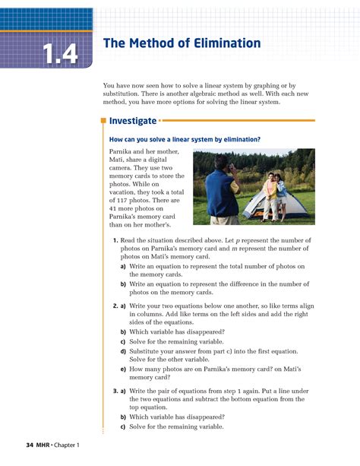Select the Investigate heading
(x=133, y=120)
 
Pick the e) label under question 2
(x=123, y=369)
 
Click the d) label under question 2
(x=123, y=351)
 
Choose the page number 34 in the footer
(x=30, y=444)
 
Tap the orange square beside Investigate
(x=103, y=120)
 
